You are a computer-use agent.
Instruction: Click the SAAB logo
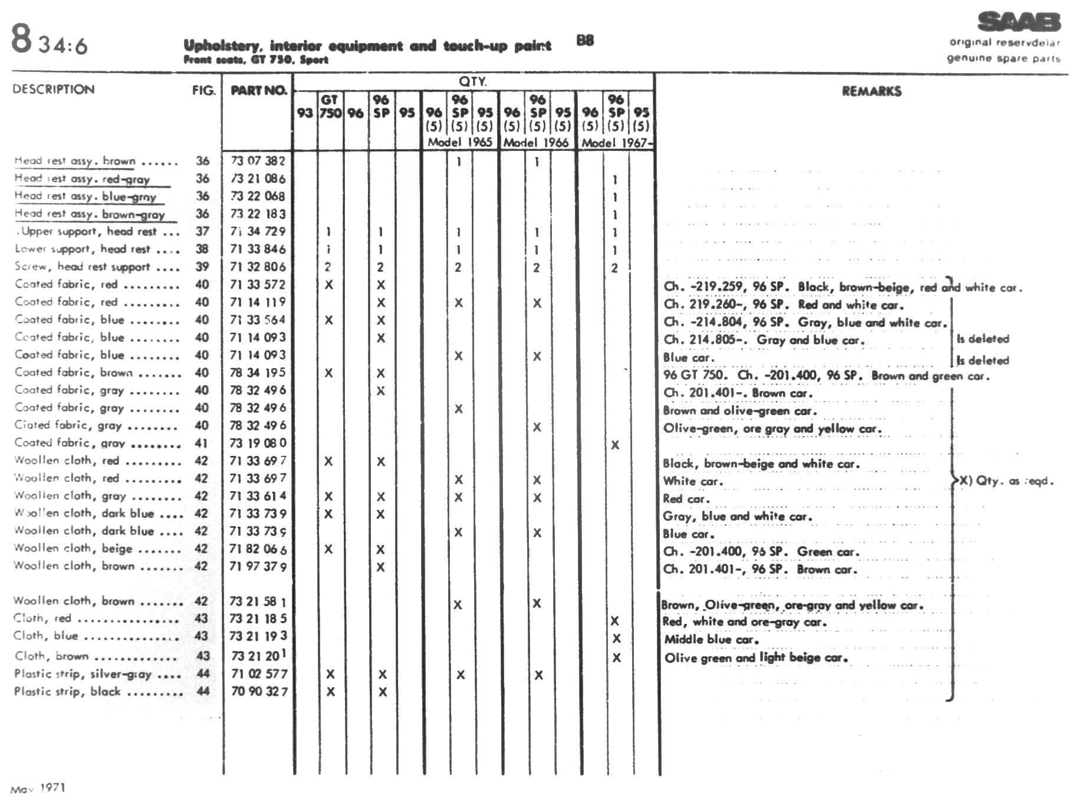tap(1018, 22)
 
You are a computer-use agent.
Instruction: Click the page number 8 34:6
tap(50, 40)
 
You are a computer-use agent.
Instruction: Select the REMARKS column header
tap(871, 91)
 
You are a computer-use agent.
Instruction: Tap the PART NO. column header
tap(258, 90)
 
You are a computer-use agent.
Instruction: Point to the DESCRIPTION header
tap(53, 89)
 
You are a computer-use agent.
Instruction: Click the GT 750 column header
tap(330, 106)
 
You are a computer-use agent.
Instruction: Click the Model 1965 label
tap(459, 142)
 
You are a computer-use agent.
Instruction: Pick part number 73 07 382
tap(258, 160)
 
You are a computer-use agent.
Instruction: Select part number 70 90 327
tap(259, 691)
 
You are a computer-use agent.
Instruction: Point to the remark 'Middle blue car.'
tap(711, 639)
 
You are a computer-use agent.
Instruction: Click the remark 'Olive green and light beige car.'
tap(755, 658)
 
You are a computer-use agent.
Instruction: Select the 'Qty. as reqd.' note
tap(1006, 481)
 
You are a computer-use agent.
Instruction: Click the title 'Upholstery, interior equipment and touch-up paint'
tap(367, 45)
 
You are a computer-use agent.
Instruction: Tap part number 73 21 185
tap(258, 619)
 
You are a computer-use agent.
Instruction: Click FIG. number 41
tap(201, 443)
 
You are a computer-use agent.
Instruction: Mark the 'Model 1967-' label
tap(616, 142)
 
